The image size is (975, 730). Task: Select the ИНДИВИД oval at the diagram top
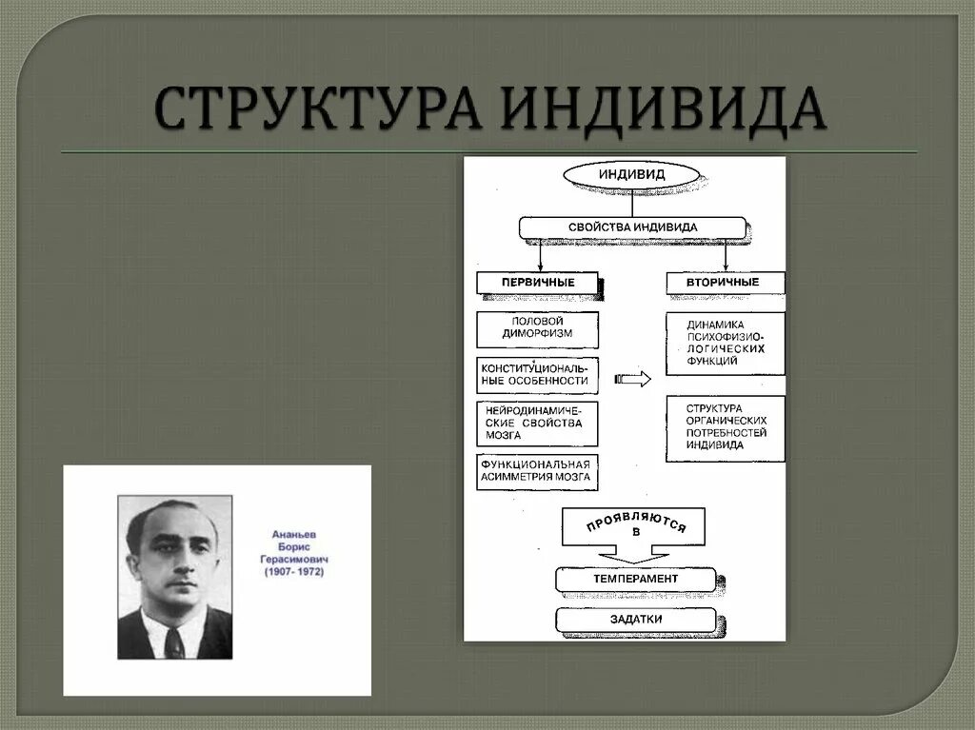631,174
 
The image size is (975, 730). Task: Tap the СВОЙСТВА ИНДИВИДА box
631,227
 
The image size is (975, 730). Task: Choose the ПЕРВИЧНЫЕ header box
538,283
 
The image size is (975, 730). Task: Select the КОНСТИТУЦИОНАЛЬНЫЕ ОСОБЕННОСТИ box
538,374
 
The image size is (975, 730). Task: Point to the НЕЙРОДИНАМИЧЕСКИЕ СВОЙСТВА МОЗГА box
538,424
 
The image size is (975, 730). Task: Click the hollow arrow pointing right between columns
633,379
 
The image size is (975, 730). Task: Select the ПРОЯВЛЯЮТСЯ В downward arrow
633,533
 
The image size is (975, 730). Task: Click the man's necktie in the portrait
174,643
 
